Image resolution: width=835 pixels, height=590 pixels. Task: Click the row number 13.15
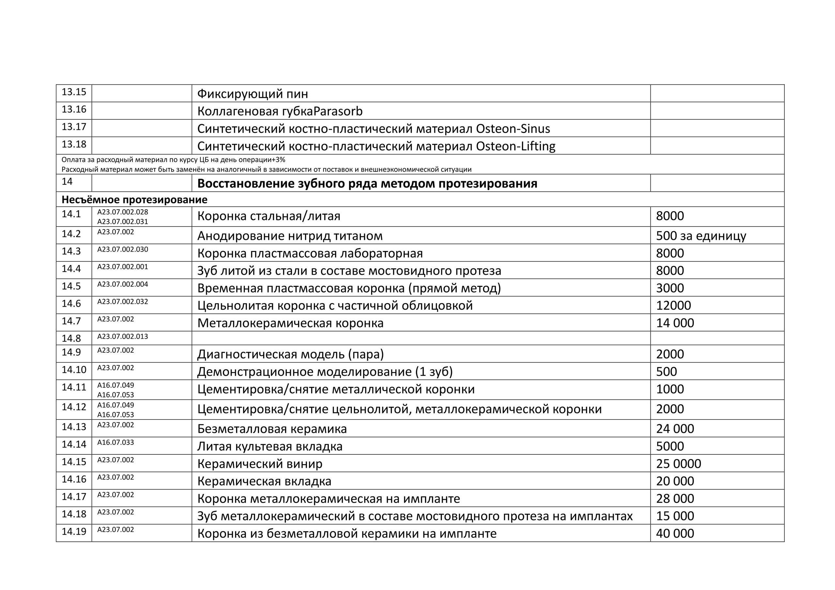(74, 92)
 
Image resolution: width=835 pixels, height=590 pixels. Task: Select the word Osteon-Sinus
(513, 129)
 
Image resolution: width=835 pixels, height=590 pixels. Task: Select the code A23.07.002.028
(123, 212)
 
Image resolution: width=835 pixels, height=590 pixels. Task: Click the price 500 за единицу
(701, 236)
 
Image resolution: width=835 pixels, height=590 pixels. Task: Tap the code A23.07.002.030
(123, 249)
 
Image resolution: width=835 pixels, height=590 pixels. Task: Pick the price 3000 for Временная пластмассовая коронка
(670, 288)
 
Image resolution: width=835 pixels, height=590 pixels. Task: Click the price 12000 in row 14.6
(673, 306)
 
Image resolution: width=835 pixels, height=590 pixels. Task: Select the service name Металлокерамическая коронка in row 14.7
(290, 323)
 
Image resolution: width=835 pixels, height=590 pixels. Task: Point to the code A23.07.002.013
(123, 337)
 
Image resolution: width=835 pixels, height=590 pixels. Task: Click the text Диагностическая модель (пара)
(290, 354)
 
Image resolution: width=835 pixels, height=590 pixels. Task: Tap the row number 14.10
(74, 370)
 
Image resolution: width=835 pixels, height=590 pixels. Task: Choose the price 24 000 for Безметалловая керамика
(675, 429)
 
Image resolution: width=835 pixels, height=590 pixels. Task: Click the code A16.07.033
(115, 442)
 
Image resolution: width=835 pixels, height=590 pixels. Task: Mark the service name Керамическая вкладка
(264, 481)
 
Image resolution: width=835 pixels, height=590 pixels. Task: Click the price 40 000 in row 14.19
(675, 534)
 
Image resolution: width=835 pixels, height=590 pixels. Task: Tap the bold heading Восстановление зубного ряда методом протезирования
(367, 184)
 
